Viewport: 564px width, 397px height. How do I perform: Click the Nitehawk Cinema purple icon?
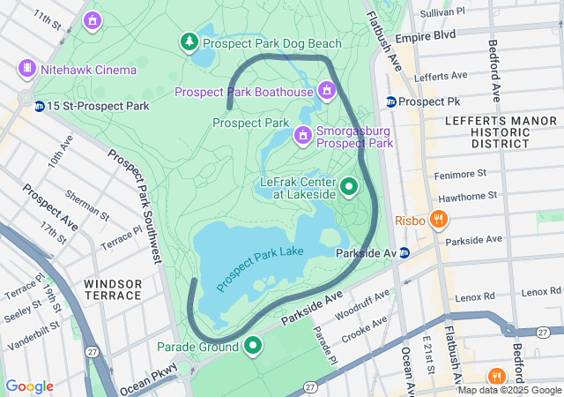tap(27, 69)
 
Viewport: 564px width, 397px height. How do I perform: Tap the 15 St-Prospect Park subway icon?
tap(40, 106)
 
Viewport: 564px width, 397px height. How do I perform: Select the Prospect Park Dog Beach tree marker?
tap(189, 41)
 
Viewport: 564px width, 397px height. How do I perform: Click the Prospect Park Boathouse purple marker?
tap(327, 91)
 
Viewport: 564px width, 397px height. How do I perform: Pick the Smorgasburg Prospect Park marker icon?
tap(302, 135)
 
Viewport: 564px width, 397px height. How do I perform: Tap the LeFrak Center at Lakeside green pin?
tap(349, 186)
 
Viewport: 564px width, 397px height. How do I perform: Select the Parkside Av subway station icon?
tap(404, 253)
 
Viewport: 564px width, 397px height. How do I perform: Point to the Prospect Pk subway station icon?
tap(390, 101)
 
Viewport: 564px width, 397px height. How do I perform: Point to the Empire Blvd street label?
tap(425, 36)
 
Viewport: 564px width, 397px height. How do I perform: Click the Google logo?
tap(29, 386)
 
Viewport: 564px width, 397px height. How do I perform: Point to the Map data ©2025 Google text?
tap(509, 390)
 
